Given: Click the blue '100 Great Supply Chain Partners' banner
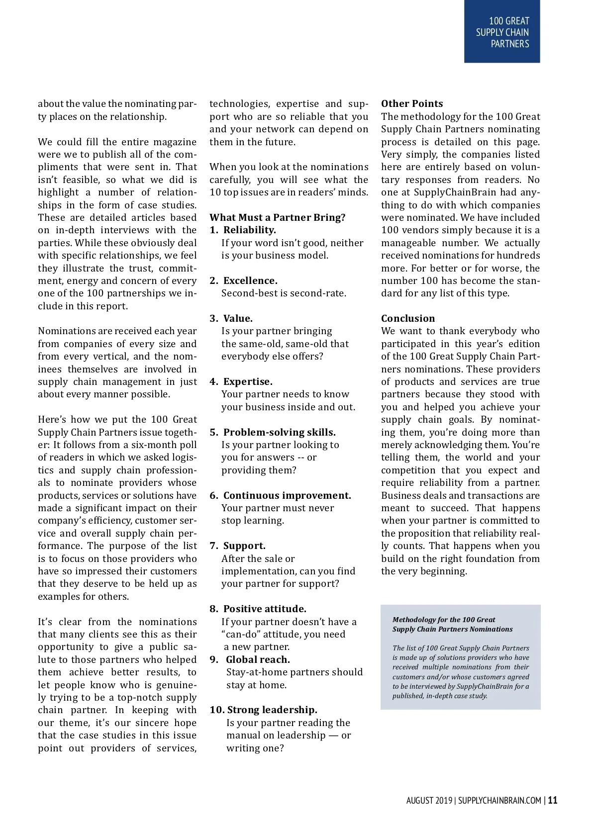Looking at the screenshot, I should (501, 32).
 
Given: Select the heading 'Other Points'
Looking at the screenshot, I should (411, 103).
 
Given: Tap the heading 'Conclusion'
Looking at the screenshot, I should (407, 318).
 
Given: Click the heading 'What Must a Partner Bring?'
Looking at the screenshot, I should (277, 217).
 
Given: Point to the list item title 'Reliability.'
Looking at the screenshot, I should (249, 230).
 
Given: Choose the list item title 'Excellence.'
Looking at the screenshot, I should (250, 280).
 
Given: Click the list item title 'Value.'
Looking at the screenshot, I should (238, 318).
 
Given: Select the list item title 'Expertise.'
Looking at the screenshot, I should (248, 381).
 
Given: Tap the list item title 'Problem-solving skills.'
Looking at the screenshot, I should (279, 432).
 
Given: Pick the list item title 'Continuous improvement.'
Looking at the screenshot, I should (287, 495).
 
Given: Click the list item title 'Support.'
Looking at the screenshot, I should (244, 546).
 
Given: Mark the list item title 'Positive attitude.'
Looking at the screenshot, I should (265, 609).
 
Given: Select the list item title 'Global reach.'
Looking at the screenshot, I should (258, 659).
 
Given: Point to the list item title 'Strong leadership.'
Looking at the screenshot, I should (272, 710).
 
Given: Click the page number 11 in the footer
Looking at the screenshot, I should (552, 800).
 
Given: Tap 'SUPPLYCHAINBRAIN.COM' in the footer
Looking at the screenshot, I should (499, 800).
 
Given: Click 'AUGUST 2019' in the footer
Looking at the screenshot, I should (429, 800).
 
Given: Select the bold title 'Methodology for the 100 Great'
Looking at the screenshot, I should (443, 620).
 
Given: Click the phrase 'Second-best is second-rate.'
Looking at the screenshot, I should (284, 293).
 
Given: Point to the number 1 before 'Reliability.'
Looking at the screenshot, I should (212, 230).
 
